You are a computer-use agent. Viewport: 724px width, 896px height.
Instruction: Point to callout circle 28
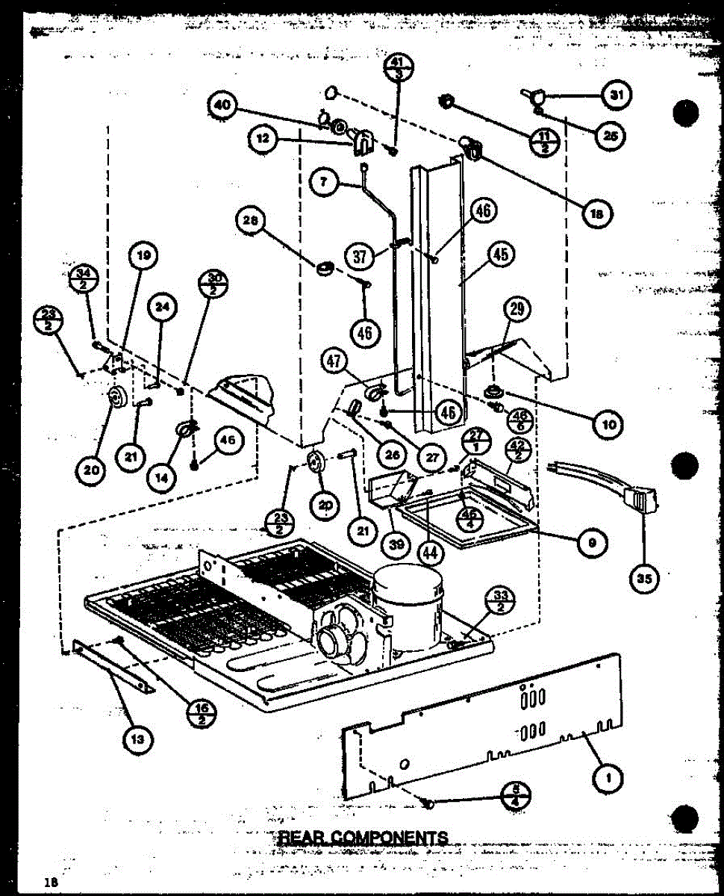click(x=252, y=220)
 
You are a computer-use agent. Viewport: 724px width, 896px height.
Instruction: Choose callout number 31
click(x=616, y=95)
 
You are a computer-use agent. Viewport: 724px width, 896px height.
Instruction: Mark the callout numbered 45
click(x=499, y=255)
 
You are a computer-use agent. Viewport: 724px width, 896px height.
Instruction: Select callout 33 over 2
click(x=499, y=599)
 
